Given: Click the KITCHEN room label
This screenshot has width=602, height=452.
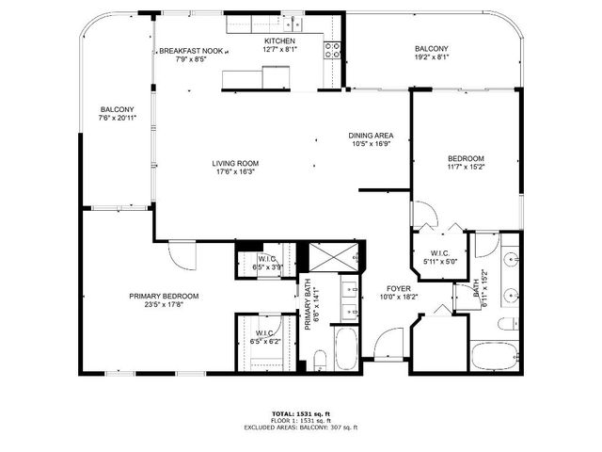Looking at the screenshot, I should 279,41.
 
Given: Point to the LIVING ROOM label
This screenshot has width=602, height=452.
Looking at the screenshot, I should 234,163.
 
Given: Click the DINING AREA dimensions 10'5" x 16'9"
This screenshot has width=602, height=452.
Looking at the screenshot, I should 371,145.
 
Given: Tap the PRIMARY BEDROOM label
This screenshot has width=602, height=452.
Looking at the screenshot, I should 164,296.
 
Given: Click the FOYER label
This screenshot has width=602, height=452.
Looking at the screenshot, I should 398,289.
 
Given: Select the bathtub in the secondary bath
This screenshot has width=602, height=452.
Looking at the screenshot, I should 494,357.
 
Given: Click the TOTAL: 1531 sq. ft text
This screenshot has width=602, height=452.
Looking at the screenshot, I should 301,413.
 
